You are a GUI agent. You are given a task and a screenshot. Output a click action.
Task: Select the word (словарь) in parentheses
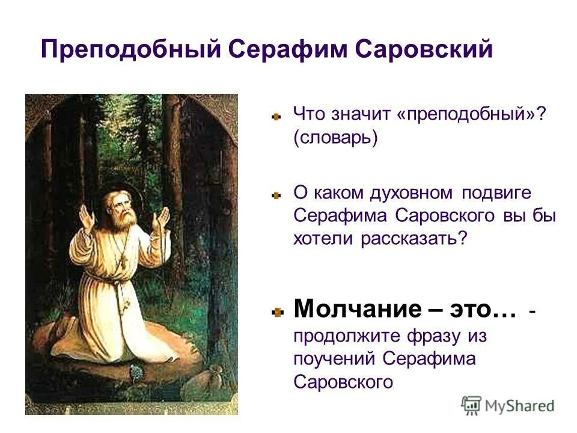(x=335, y=137)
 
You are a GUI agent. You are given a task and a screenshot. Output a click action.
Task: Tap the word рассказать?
(x=414, y=238)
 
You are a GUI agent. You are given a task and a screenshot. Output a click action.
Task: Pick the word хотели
(x=325, y=238)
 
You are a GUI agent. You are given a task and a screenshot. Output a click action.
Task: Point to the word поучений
(x=335, y=359)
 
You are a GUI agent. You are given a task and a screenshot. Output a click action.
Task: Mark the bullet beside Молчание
(x=276, y=312)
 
